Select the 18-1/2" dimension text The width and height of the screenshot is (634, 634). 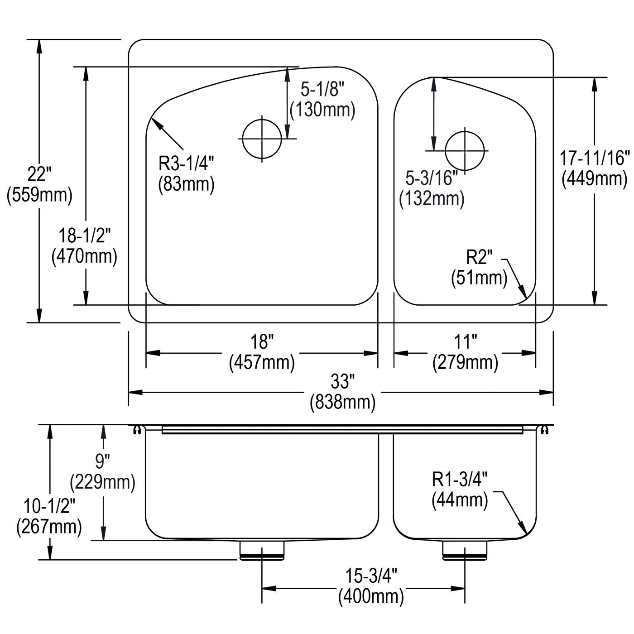click(85, 236)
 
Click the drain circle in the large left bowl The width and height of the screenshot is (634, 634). click(262, 139)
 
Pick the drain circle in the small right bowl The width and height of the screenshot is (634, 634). click(465, 151)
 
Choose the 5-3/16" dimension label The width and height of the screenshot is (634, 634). click(432, 178)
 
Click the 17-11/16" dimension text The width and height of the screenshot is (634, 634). click(594, 158)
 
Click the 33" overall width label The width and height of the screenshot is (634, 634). click(342, 381)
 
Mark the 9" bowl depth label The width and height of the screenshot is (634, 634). click(102, 461)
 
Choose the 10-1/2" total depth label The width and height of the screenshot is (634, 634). click(49, 506)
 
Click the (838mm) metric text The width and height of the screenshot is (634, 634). click(342, 402)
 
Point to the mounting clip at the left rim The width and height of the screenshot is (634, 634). click(137, 430)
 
